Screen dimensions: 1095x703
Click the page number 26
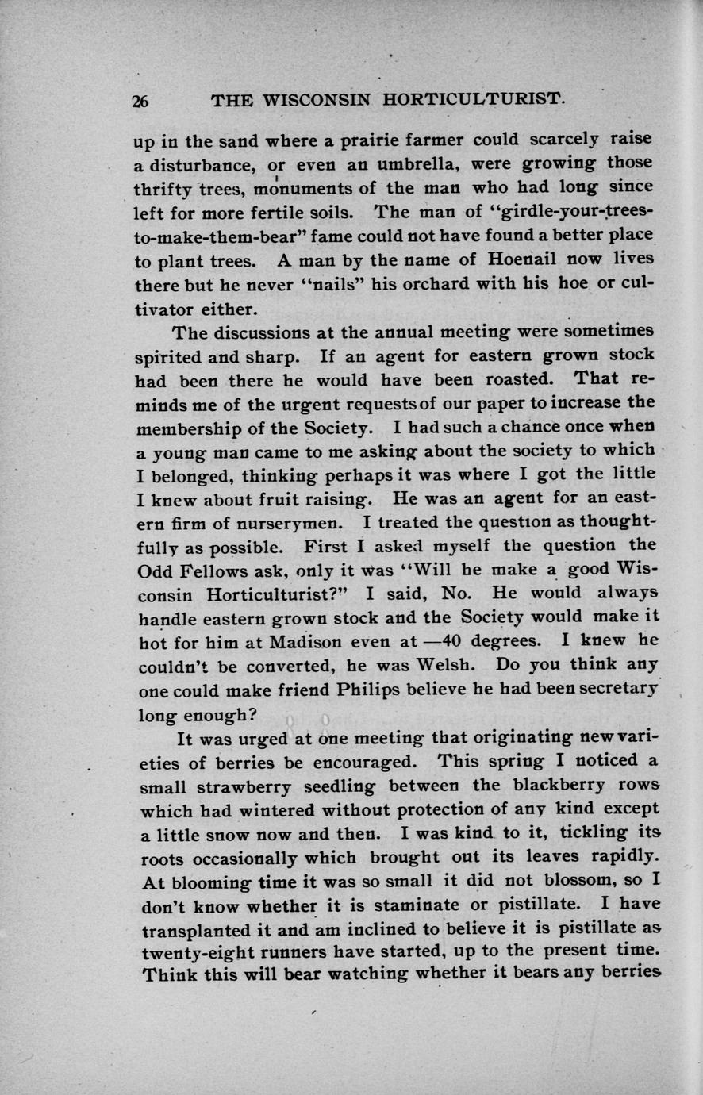click(x=141, y=101)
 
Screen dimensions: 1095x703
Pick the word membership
click(x=192, y=428)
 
